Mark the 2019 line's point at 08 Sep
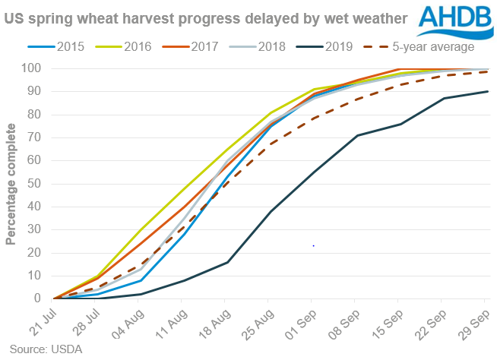coord(357,135)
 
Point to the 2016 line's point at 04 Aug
coord(141,229)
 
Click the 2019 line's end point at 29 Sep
coord(487,91)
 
